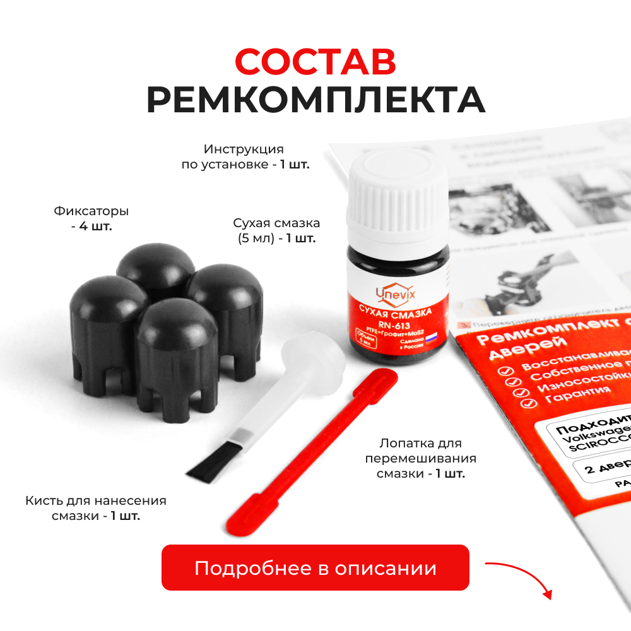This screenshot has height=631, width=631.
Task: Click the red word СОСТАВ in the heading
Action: pos(315,62)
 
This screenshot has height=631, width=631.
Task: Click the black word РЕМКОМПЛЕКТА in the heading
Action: pos(315,101)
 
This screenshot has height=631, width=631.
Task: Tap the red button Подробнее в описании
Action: pos(315,567)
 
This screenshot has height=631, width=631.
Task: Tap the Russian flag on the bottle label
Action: pos(431,338)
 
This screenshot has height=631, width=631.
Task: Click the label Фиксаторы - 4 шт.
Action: pos(91,218)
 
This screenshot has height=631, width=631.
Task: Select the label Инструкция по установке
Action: pos(244,157)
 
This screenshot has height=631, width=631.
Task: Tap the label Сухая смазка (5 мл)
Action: pos(276,230)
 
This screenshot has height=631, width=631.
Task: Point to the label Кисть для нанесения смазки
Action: pos(96,508)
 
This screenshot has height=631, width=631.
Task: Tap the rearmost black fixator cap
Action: pos(156,268)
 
